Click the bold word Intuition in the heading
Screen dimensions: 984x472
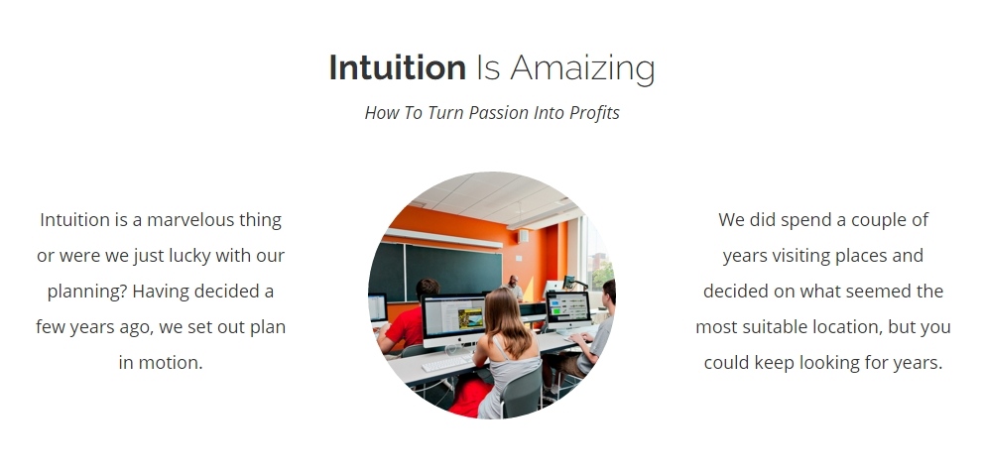click(397, 67)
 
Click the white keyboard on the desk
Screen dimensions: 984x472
click(446, 363)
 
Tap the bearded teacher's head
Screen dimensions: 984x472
click(514, 280)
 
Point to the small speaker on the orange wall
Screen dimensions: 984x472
click(524, 236)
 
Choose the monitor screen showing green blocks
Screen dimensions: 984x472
click(568, 307)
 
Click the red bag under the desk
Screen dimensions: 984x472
click(469, 398)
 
